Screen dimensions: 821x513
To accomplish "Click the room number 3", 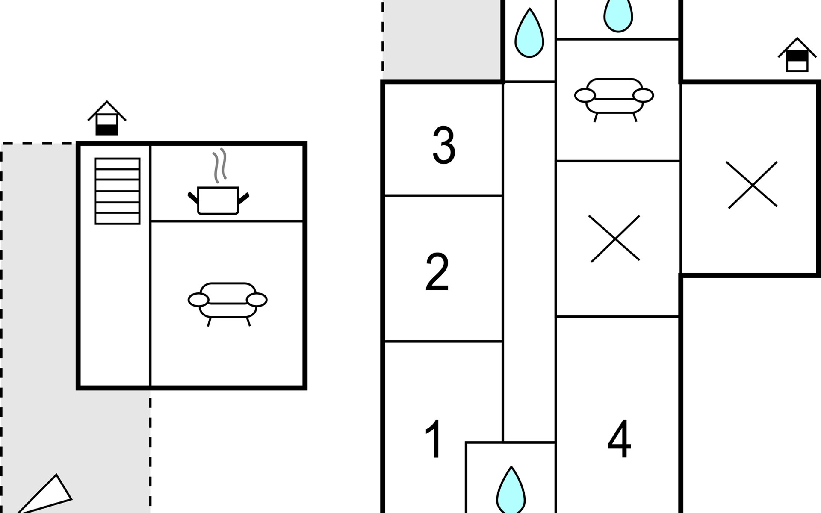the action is [x=444, y=145].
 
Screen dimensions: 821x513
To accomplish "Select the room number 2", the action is [x=437, y=272].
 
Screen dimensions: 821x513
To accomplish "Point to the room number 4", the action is [x=619, y=439].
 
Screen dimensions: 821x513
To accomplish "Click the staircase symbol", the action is [x=117, y=191].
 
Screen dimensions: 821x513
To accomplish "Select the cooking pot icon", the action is [x=219, y=200].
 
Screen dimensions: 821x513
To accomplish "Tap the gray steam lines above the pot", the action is [x=220, y=166].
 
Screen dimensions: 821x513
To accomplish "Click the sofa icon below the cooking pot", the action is [x=227, y=304].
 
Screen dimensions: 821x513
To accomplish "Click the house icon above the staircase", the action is [x=107, y=118].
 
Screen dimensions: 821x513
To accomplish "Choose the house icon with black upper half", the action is [x=797, y=55].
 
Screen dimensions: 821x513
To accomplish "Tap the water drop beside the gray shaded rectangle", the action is [x=529, y=33].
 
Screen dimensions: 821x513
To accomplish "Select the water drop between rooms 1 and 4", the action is [x=511, y=490].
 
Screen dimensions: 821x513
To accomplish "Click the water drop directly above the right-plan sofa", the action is [x=618, y=15].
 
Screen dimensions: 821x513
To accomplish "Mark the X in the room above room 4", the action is [x=615, y=239].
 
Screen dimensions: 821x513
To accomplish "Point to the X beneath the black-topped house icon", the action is [x=752, y=185].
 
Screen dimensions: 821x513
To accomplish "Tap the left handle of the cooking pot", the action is [x=193, y=198].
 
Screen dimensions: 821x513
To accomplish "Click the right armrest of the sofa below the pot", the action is [x=257, y=300].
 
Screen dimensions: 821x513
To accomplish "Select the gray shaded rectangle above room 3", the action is [x=442, y=40].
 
